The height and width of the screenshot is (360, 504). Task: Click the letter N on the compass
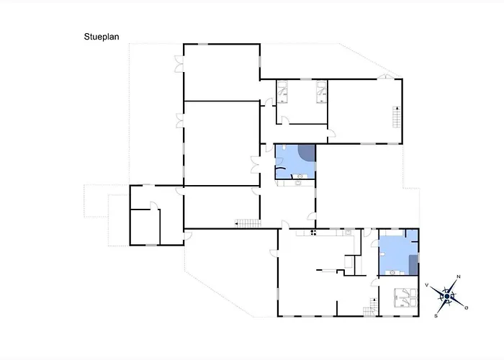pyautogui.click(x=459, y=278)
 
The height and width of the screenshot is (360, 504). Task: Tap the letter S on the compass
pyautogui.click(x=436, y=315)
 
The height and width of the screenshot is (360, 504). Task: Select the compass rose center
pyautogui.click(x=447, y=296)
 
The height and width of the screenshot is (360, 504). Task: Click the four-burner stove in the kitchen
pyautogui.click(x=313, y=231)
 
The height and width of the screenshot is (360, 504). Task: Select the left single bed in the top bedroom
pyautogui.click(x=283, y=91)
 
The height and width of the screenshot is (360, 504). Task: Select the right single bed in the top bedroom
pyautogui.click(x=320, y=91)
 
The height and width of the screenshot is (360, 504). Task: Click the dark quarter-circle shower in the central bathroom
pyautogui.click(x=307, y=152)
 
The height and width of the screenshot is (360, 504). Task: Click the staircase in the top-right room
pyautogui.click(x=395, y=115)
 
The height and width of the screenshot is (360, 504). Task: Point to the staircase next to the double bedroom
pyautogui.click(x=370, y=309)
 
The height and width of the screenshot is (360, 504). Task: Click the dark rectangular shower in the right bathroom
pyautogui.click(x=413, y=264)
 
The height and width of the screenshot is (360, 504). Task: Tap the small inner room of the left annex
pyautogui.click(x=144, y=226)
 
